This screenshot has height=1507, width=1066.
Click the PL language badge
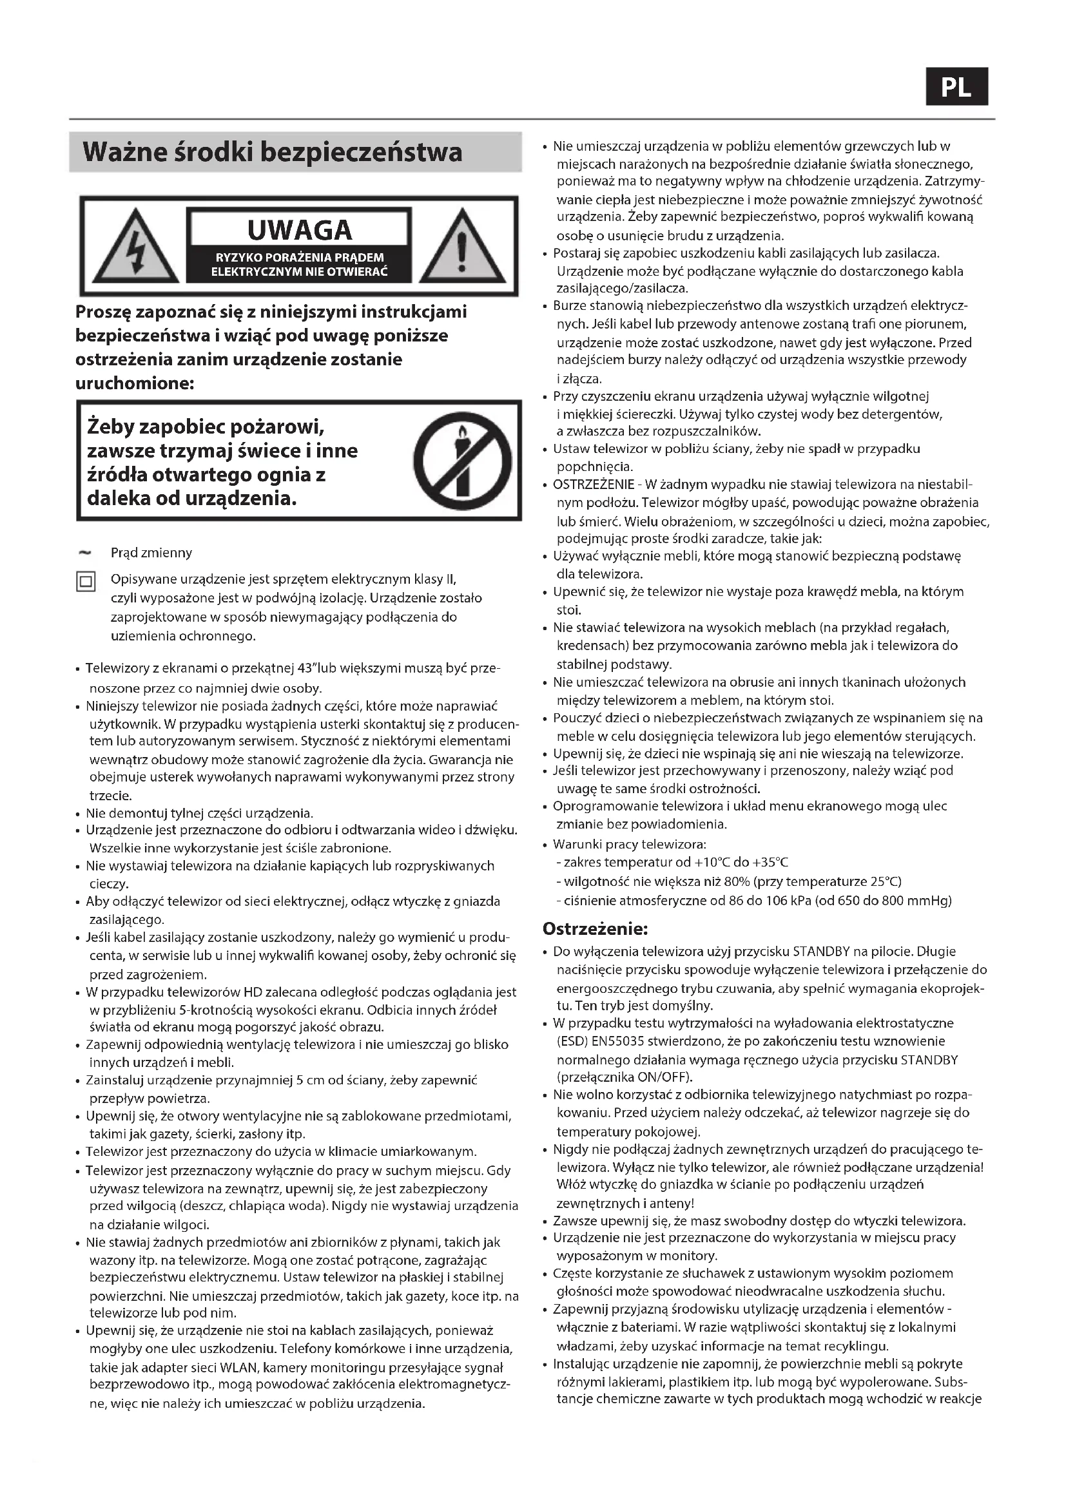coord(956,87)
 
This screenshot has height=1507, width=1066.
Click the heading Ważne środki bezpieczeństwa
coord(273,152)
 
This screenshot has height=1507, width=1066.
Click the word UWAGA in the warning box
coord(299,231)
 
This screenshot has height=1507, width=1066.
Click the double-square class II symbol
coord(86,582)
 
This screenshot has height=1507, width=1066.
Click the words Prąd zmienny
coord(151,553)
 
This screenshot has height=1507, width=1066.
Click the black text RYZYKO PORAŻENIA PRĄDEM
coord(299,257)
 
